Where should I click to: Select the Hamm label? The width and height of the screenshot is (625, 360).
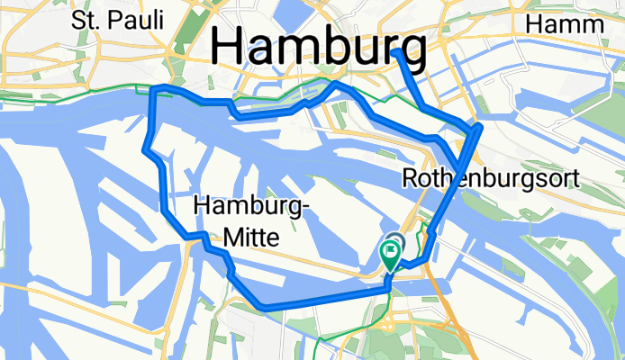(565, 23)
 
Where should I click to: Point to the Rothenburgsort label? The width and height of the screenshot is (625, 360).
(491, 178)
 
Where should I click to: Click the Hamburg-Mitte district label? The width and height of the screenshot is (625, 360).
(251, 222)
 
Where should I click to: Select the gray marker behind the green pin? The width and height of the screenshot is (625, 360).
(396, 241)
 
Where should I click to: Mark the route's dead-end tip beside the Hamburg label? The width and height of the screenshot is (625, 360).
(397, 53)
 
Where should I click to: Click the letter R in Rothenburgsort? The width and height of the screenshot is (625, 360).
(410, 178)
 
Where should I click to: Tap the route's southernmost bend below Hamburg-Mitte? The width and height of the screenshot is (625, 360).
(262, 307)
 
